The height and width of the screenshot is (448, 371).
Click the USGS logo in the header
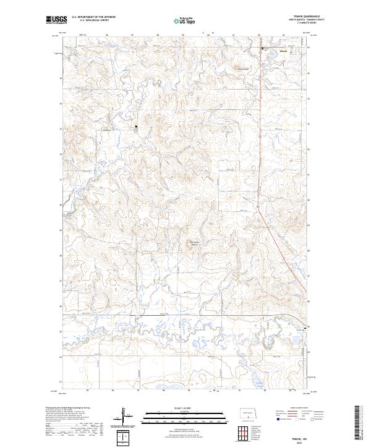(56, 20)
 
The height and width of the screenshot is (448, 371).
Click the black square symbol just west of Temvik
(262, 48)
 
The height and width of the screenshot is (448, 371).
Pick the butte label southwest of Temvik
(242, 69)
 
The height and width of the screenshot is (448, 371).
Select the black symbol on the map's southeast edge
(304, 328)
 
